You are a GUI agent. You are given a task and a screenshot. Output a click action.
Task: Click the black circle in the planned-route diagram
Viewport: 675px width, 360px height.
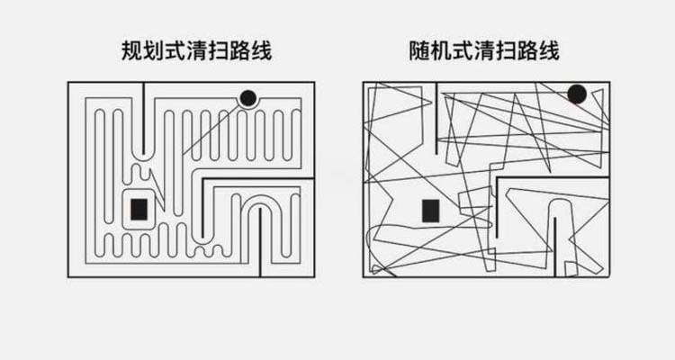tap(248, 98)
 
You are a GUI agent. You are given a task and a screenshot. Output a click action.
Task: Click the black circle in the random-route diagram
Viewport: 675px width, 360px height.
tap(577, 94)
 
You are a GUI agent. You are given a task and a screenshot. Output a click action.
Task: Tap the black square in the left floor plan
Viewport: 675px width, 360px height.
tap(139, 210)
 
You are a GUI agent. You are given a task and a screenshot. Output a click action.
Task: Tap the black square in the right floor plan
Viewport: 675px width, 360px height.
tap(430, 211)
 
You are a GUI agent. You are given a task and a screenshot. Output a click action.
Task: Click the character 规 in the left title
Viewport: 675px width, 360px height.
tap(131, 50)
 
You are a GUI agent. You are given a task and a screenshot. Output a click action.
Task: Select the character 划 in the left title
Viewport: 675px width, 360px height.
tap(153, 50)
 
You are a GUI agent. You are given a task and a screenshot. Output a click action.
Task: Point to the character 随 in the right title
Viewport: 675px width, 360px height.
tap(419, 50)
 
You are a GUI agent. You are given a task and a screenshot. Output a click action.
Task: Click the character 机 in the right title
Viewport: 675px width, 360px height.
tap(441, 50)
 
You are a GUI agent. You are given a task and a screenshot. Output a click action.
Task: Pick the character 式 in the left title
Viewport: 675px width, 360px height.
tap(175, 50)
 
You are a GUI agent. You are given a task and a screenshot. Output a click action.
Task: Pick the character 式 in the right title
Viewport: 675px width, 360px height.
tap(463, 50)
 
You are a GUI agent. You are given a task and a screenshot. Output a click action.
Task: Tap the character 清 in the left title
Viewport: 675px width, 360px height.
tap(196, 50)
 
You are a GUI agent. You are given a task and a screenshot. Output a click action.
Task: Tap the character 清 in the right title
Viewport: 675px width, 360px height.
tap(484, 50)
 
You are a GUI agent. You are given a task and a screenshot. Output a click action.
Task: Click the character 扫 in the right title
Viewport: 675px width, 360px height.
tap(506, 50)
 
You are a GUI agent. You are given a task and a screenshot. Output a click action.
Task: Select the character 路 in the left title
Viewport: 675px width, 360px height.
tap(239, 50)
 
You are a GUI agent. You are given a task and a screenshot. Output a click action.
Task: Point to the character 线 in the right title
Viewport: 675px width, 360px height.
tap(549, 50)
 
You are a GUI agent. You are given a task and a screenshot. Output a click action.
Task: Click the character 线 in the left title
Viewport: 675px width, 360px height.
tap(261, 50)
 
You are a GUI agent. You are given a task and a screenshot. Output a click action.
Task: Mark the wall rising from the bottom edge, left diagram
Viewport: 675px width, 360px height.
tap(260, 242)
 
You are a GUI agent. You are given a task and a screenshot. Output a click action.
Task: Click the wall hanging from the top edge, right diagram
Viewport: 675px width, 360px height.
tap(436, 118)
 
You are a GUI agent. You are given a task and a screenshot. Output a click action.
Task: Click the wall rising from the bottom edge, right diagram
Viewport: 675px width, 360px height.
tap(554, 247)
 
